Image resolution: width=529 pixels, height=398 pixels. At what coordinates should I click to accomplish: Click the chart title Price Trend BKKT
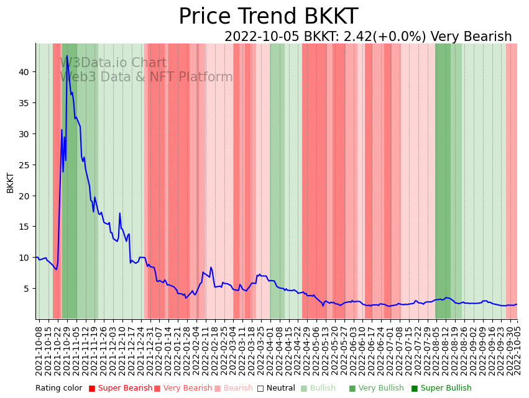point(268,17)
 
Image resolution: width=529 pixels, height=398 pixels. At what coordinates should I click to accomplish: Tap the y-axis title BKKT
point(10,183)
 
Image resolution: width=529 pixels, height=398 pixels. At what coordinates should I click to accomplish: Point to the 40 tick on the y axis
point(24,72)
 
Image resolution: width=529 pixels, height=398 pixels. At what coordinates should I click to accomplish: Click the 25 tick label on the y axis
point(24,165)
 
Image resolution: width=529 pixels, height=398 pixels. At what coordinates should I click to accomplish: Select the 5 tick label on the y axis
point(26,289)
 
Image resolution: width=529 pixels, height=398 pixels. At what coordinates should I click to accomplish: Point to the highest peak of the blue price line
point(67,56)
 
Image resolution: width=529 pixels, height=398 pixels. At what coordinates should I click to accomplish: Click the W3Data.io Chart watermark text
point(113,63)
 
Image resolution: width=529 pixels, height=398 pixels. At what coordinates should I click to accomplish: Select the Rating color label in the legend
point(58,388)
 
